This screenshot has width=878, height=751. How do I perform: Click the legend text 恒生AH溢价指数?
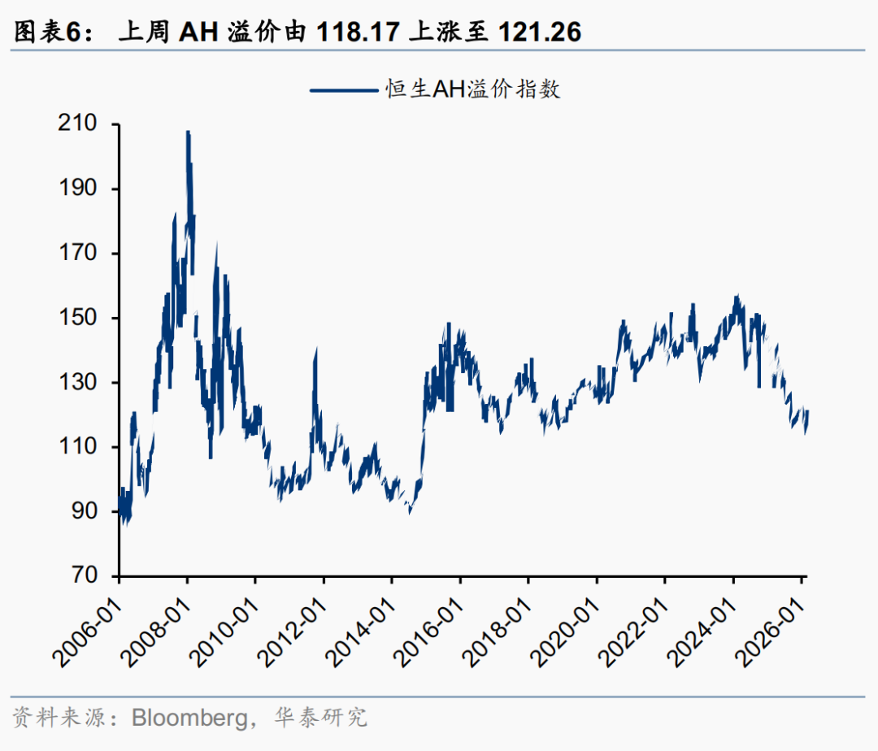pyautogui.click(x=472, y=89)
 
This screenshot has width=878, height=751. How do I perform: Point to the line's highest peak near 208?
pyautogui.click(x=188, y=132)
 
